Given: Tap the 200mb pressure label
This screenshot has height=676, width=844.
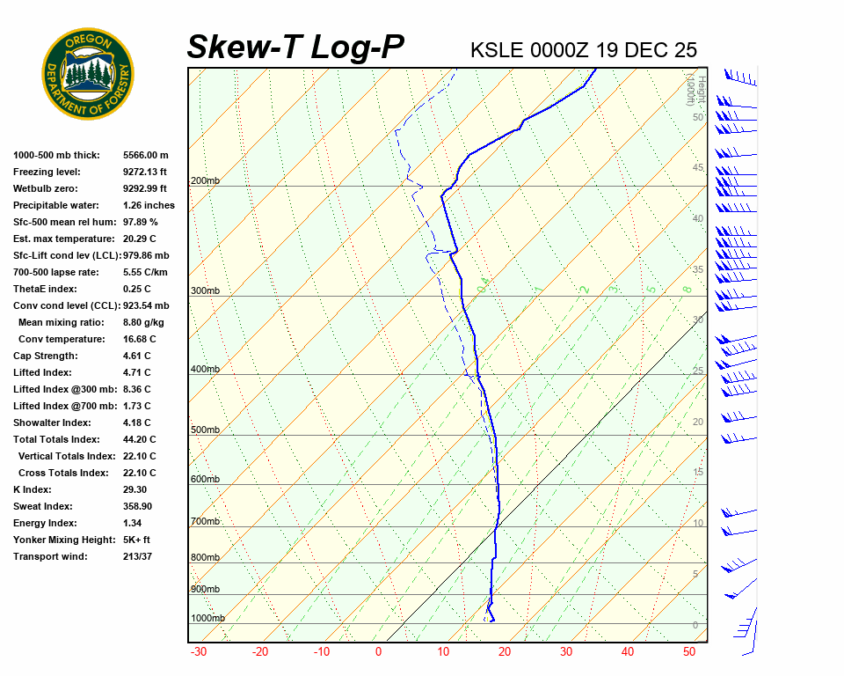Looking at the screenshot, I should pyautogui.click(x=205, y=181).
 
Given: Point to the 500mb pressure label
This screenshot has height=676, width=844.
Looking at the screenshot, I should pyautogui.click(x=205, y=430).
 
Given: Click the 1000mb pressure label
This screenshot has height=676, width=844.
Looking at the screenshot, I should pyautogui.click(x=207, y=618).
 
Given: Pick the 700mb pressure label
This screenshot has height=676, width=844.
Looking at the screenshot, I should pyautogui.click(x=205, y=522).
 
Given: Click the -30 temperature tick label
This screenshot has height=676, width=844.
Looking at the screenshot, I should pyautogui.click(x=199, y=652).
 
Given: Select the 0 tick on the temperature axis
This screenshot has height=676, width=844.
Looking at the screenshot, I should pyautogui.click(x=378, y=652).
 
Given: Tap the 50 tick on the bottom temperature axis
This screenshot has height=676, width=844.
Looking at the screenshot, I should pyautogui.click(x=689, y=652).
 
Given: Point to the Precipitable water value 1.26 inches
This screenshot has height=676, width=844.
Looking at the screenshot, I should pyautogui.click(x=149, y=205).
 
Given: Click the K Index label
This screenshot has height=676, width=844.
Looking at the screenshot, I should pyautogui.click(x=33, y=489).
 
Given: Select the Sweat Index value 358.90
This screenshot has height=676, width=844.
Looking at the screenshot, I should pyautogui.click(x=138, y=506).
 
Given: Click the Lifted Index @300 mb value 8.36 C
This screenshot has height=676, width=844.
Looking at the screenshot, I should pyautogui.click(x=137, y=389).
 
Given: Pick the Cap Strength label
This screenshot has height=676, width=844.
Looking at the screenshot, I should pyautogui.click(x=45, y=356).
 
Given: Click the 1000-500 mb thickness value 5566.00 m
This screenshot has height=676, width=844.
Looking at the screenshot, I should pyautogui.click(x=146, y=155).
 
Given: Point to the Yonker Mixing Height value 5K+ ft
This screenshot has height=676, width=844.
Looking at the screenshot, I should pyautogui.click(x=137, y=540).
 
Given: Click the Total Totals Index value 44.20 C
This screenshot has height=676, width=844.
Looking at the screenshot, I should pyautogui.click(x=140, y=439).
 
